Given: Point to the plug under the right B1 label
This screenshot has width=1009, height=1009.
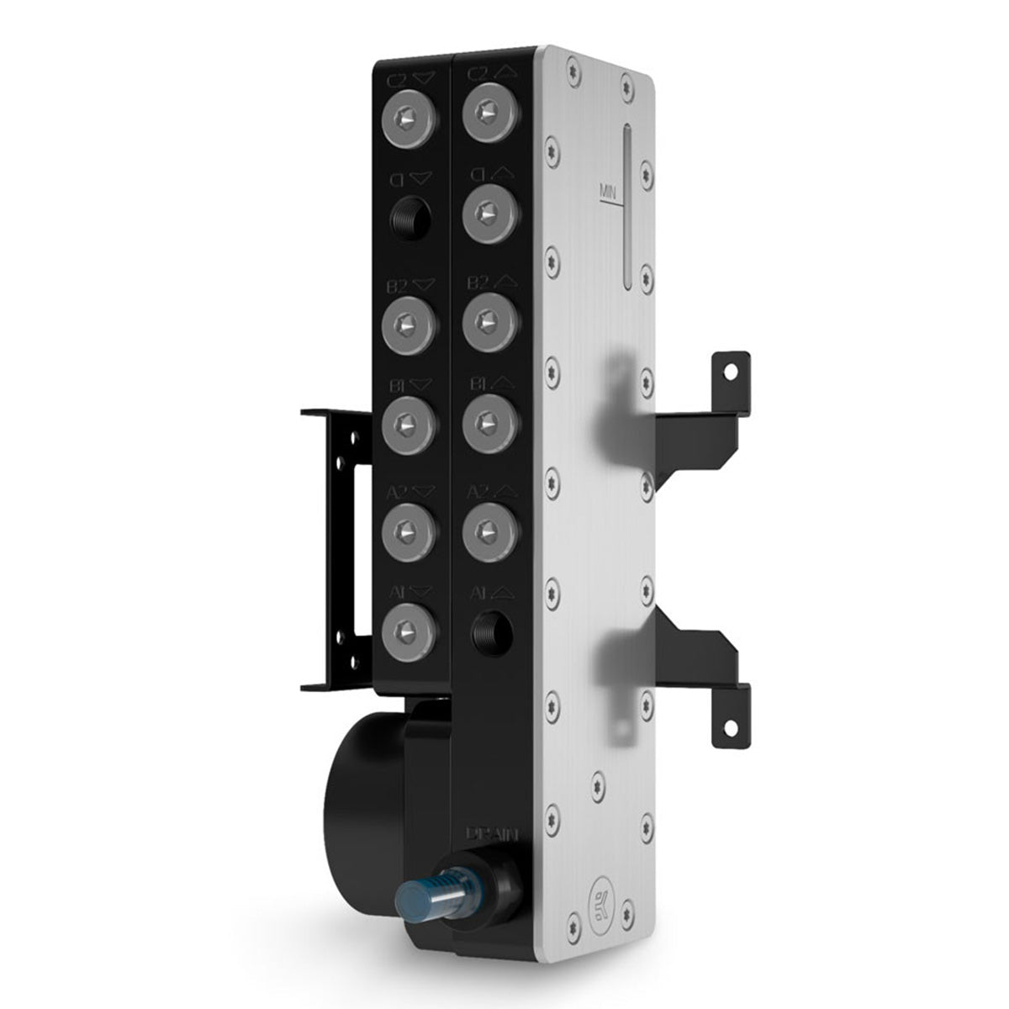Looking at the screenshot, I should click(x=488, y=420).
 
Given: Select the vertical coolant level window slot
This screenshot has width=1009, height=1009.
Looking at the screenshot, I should click(x=628, y=210).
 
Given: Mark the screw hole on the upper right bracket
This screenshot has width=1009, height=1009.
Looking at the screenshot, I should click(x=729, y=369).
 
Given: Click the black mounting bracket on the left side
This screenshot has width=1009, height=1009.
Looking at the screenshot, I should click(x=336, y=547).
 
